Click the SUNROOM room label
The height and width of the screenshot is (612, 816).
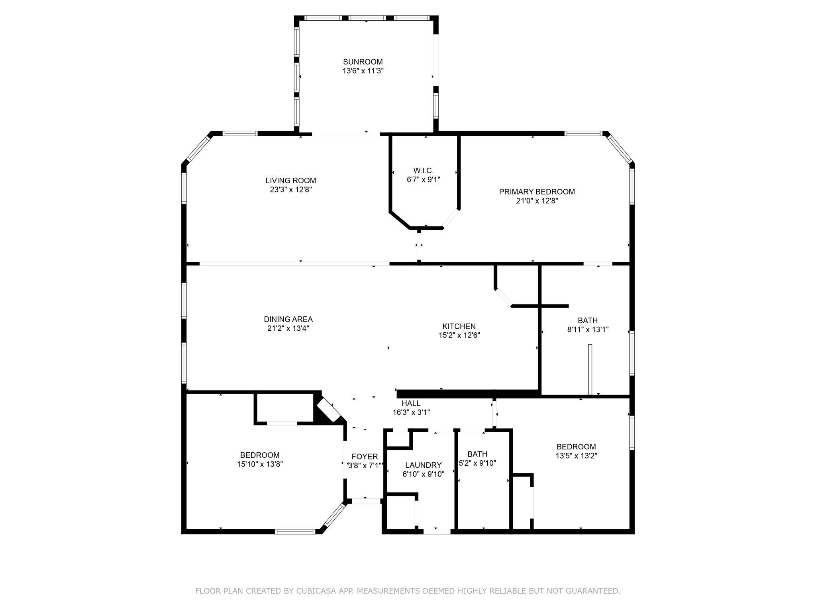pyautogui.click(x=363, y=62)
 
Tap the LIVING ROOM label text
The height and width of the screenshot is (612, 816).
pyautogui.click(x=290, y=180)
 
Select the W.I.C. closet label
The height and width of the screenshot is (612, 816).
pyautogui.click(x=423, y=171)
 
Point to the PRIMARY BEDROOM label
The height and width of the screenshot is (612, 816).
pyautogui.click(x=537, y=192)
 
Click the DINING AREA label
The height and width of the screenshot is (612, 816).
pyautogui.click(x=288, y=319)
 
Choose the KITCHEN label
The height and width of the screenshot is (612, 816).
pyautogui.click(x=459, y=326)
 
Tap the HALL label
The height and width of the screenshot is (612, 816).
pyautogui.click(x=411, y=403)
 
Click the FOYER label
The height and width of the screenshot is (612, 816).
pyautogui.click(x=365, y=457)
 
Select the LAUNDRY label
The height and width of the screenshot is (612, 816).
pyautogui.click(x=423, y=465)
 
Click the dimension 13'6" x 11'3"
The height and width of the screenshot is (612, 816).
pyautogui.click(x=363, y=71)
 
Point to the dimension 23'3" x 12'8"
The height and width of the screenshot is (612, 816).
pyautogui.click(x=290, y=190)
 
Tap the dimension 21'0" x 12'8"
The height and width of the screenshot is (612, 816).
pyautogui.click(x=537, y=201)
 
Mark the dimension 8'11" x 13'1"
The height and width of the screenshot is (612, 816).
pyautogui.click(x=588, y=330)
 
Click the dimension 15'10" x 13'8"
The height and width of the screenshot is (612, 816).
pyautogui.click(x=260, y=464)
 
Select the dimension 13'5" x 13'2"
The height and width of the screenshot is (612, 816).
pyautogui.click(x=576, y=456)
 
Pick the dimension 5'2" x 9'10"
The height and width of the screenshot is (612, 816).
pyautogui.click(x=477, y=463)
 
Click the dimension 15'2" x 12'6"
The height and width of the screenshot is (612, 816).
pyautogui.click(x=459, y=335)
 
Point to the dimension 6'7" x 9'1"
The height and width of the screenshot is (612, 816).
pyautogui.click(x=423, y=180)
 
